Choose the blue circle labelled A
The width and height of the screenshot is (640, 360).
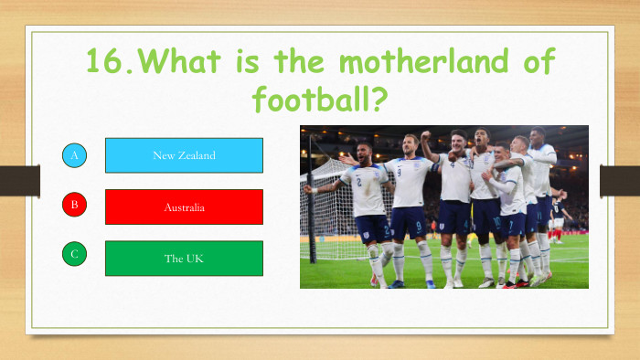click(75, 155)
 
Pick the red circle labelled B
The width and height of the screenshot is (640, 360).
click(75, 205)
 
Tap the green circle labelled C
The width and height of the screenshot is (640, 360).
click(75, 256)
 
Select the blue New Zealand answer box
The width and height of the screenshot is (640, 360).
click(184, 155)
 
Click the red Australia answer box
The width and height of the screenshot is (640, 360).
click(184, 207)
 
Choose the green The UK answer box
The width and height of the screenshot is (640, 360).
click(184, 259)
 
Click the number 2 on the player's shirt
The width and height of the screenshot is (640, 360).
click(358, 182)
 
